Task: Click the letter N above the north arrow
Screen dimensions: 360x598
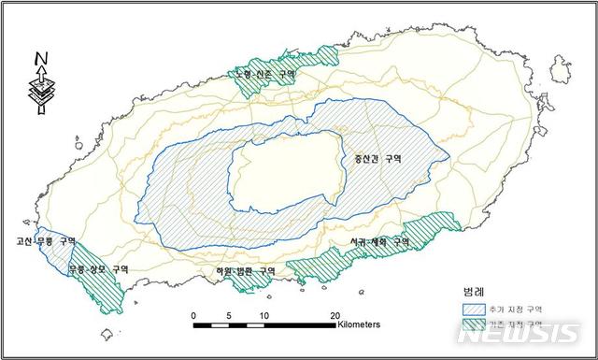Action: (x=42, y=60)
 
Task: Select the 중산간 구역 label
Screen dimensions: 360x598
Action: (x=376, y=159)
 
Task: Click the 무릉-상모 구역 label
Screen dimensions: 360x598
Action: (x=98, y=269)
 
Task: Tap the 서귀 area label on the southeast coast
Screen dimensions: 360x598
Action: (x=374, y=241)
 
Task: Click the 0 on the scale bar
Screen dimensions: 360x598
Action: (x=193, y=314)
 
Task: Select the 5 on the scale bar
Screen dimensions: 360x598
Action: (x=228, y=314)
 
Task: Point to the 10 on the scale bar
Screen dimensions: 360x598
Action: (x=264, y=314)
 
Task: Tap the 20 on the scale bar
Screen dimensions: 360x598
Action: (x=335, y=314)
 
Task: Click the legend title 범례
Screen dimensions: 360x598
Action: (x=473, y=290)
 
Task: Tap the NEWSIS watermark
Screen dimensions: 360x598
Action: (x=531, y=334)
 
